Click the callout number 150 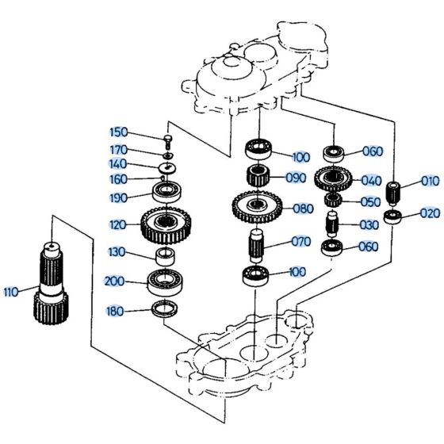[118, 132]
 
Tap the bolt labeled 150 [168, 141]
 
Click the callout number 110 [10, 292]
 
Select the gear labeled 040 [333, 178]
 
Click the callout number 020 [429, 213]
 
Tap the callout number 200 [114, 281]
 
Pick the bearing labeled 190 [167, 193]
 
